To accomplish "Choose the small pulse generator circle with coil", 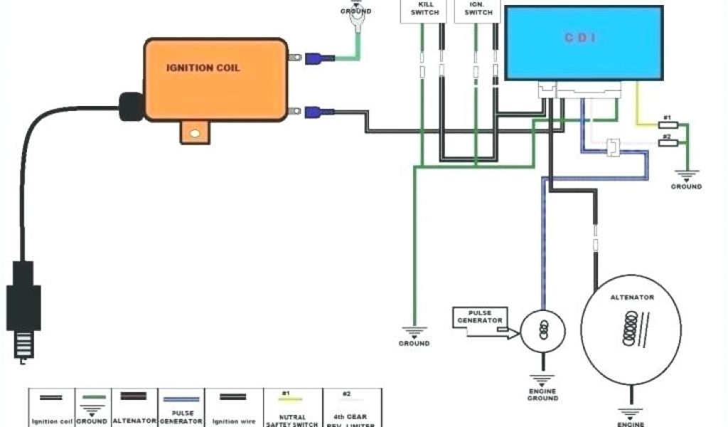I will (543, 330).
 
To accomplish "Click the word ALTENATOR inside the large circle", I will (632, 297).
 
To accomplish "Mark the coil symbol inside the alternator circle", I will (629, 329).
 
